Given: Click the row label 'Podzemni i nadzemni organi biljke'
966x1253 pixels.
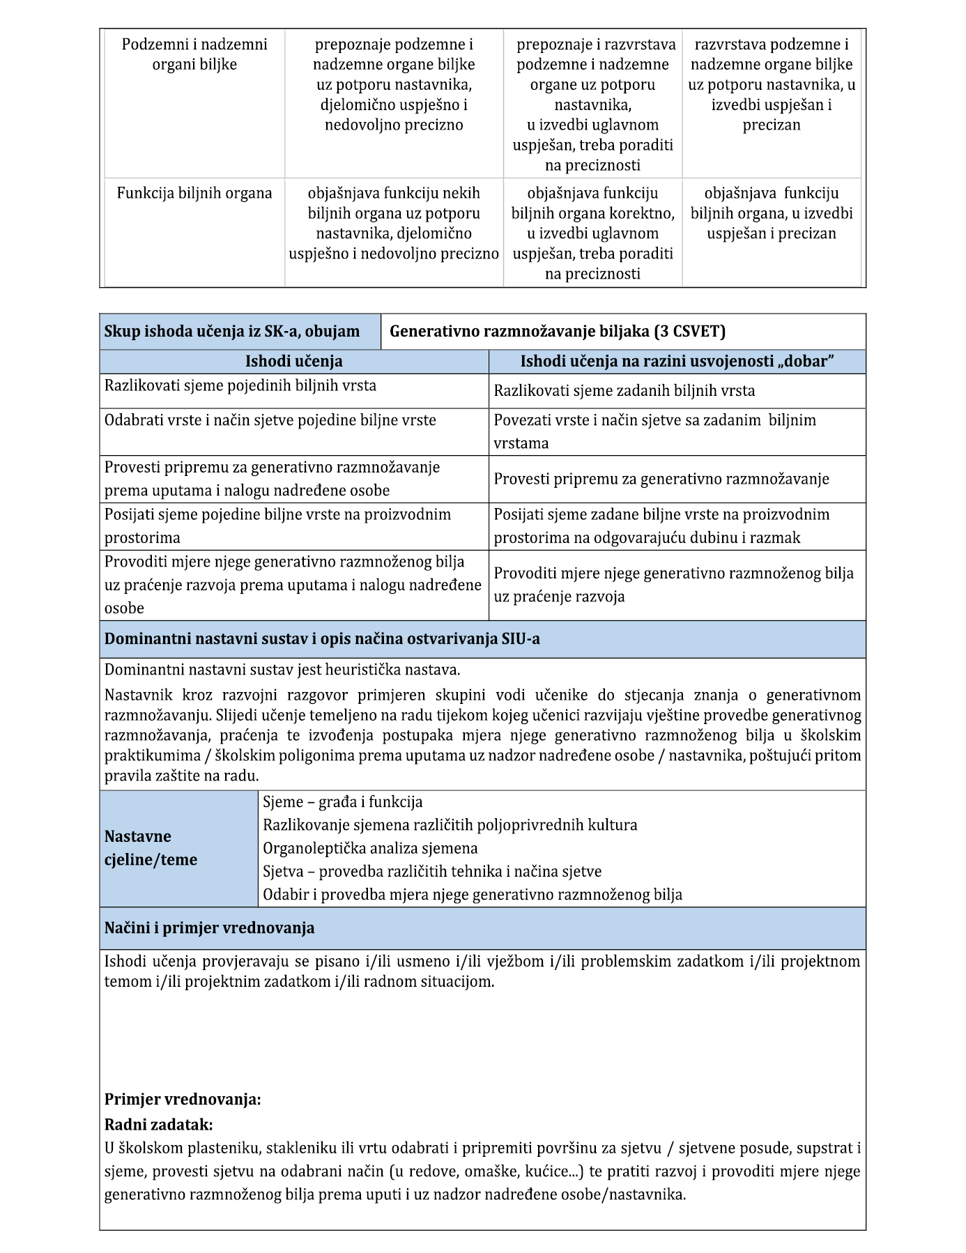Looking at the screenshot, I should click(194, 54).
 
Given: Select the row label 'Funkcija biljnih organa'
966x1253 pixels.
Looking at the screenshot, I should click(194, 193).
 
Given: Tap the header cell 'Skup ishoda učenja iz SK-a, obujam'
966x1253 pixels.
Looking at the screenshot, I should click(232, 332).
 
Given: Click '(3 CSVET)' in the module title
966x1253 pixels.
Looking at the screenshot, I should click(689, 332).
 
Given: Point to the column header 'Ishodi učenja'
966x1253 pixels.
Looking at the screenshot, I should click(293, 362).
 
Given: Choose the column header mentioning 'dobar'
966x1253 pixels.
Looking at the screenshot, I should click(677, 362).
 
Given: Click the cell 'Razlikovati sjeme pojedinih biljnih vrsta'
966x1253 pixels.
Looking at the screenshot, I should click(240, 385).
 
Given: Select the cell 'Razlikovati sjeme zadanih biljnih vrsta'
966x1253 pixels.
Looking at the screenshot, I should click(624, 391).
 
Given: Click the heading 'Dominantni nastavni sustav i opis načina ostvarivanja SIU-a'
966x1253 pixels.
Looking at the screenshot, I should click(322, 639).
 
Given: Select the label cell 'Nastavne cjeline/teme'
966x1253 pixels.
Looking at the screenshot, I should click(151, 848).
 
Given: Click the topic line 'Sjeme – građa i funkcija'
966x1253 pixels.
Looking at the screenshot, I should click(342, 802).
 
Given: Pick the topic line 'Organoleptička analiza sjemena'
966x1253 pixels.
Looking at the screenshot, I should click(370, 848).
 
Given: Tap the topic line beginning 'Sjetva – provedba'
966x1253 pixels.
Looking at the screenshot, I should click(431, 871).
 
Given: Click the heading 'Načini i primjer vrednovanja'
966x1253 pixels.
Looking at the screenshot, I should click(209, 928).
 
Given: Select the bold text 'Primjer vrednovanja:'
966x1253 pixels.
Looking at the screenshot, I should click(183, 1100).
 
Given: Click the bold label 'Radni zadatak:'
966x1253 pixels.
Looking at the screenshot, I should click(158, 1125).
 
